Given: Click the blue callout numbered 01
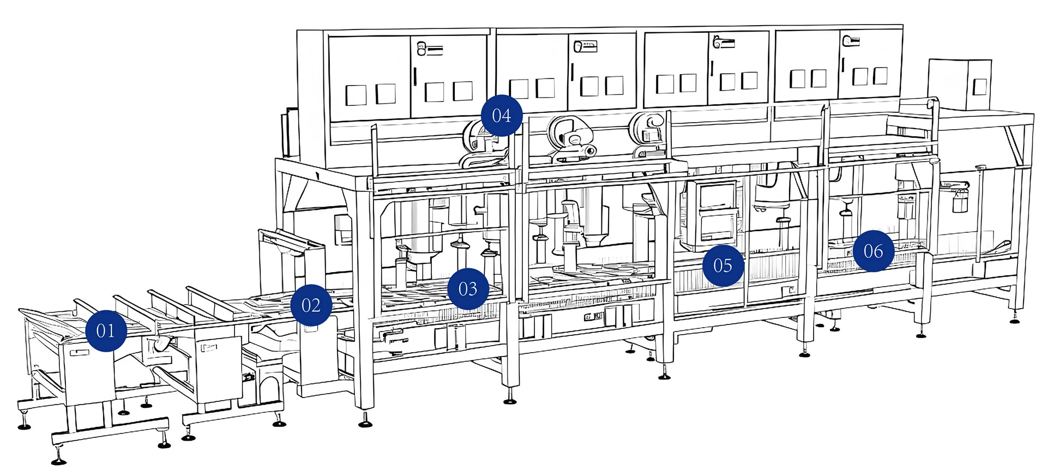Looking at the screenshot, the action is (106, 330).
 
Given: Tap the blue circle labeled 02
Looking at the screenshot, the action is (311, 305).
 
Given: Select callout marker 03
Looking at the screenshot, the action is (468, 288).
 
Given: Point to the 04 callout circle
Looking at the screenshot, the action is (502, 116).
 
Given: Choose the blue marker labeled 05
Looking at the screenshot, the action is (723, 266).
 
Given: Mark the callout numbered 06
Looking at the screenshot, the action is (874, 251).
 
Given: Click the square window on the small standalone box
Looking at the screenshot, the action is (980, 87).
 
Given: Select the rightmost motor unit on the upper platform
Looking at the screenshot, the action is (648, 134).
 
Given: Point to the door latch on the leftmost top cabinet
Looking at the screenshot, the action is (429, 49).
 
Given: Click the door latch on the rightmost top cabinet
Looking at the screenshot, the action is (851, 40).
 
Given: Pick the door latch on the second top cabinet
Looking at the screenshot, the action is (585, 46).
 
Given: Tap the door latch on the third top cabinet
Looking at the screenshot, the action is (724, 41).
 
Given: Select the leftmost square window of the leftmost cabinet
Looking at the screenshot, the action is (356, 95).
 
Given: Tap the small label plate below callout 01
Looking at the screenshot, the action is (80, 353).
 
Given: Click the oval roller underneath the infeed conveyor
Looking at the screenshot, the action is (162, 344).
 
